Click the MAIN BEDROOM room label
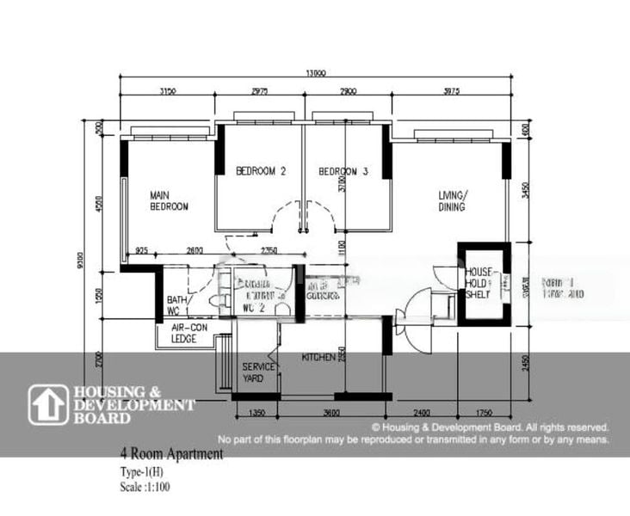(169, 200)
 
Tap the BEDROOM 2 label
(260, 171)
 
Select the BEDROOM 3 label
(343, 171)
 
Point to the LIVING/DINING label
(450, 200)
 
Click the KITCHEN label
(318, 357)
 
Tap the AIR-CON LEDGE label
(184, 334)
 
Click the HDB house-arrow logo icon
(48, 404)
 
